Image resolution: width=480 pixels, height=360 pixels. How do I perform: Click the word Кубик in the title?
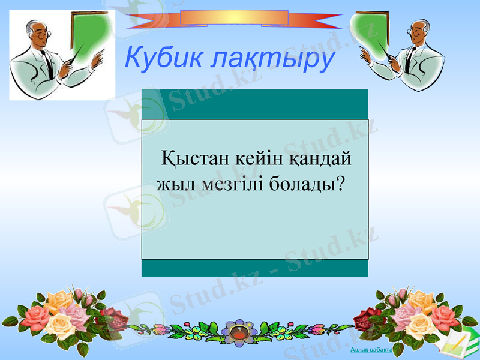click(158, 58)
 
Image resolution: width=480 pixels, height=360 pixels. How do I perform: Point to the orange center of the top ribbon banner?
click(234, 17)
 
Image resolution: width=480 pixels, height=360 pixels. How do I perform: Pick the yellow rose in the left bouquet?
click(60, 324)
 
